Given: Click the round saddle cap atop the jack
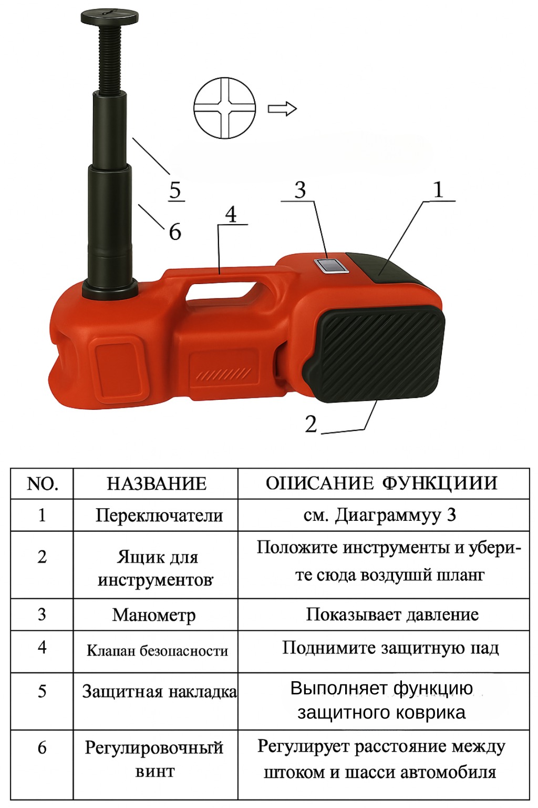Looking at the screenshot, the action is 110,17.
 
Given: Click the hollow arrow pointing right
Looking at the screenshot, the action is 282,108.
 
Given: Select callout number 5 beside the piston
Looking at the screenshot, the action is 175,190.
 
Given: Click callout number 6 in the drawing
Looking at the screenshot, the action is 175,231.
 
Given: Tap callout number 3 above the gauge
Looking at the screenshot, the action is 300,190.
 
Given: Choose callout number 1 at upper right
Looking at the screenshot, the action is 438,190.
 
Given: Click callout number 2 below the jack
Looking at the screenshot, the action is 311,423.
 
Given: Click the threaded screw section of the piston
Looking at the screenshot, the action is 110,58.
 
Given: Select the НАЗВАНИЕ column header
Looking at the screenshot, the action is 157,484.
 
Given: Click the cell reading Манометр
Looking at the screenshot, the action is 154,615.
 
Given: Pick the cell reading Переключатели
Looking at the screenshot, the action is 159,515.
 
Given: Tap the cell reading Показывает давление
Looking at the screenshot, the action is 392,614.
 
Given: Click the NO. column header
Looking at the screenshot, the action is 43,484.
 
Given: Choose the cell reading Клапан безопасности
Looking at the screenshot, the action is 158,651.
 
